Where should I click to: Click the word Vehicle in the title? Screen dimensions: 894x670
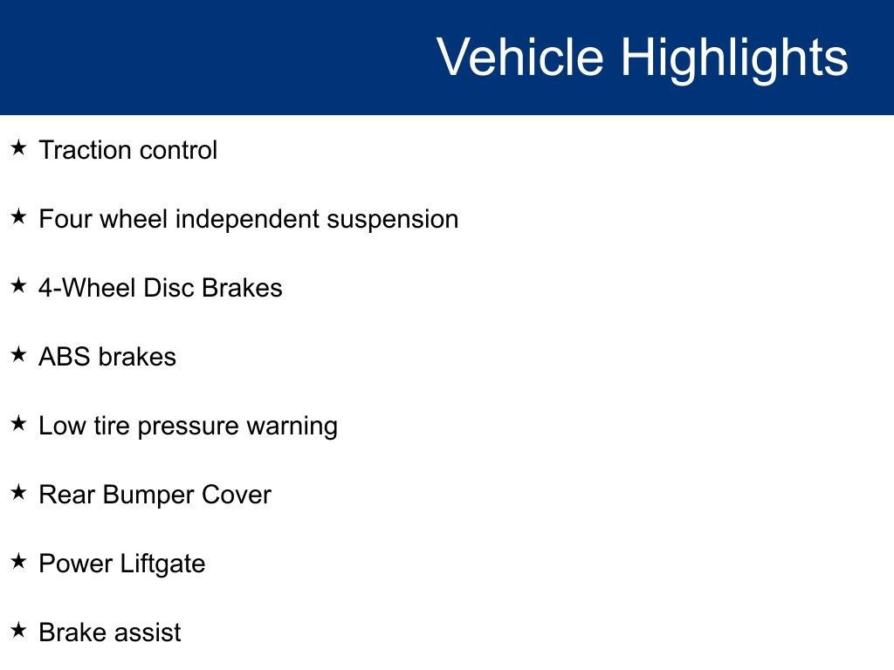point(520,57)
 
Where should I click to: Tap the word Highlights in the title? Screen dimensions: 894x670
point(734,60)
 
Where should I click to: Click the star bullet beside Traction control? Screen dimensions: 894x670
point(19,147)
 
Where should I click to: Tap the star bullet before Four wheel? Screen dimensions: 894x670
point(19,216)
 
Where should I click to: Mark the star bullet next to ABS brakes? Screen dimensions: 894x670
point(19,354)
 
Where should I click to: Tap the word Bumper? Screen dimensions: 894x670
point(148,496)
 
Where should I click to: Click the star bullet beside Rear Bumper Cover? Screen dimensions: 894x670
point(19,492)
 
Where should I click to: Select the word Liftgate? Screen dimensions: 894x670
point(163,564)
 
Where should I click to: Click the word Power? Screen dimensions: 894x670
point(76,564)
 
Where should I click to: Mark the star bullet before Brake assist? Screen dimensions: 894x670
point(19,630)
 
